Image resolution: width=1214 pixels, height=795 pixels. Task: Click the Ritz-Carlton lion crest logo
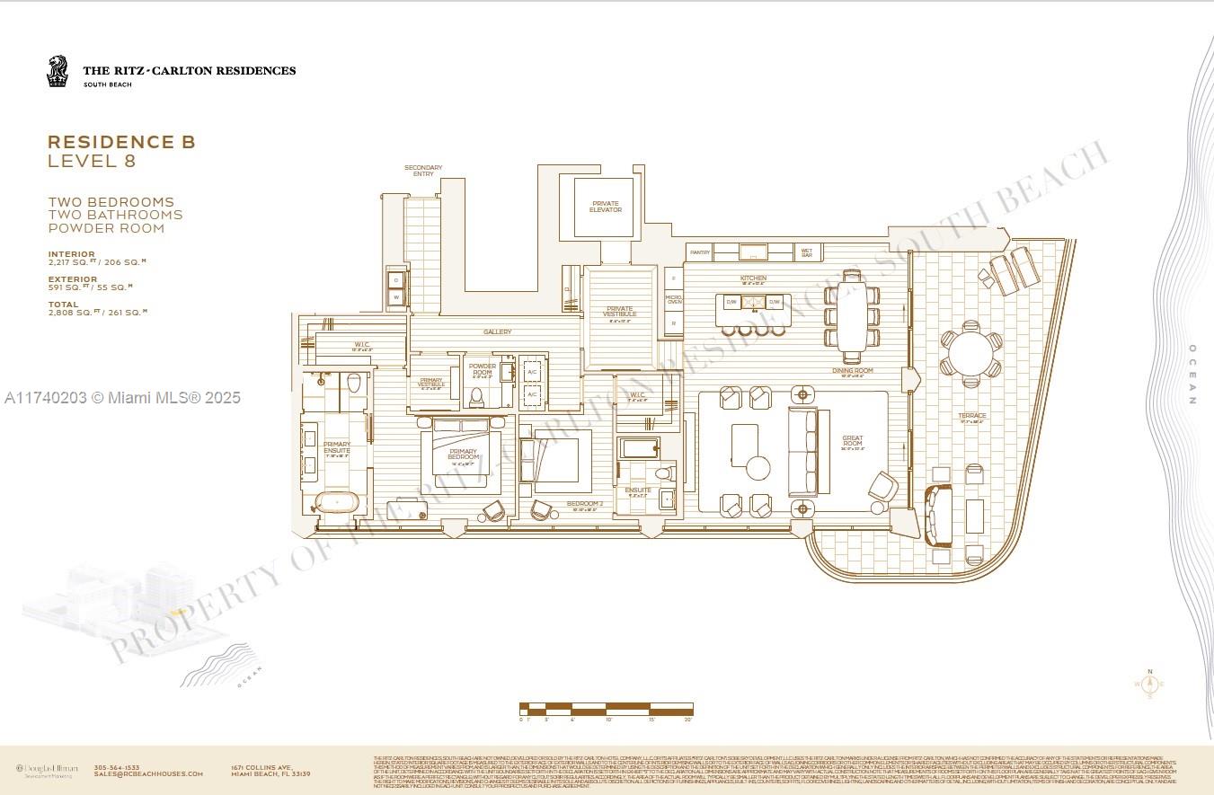coord(58,71)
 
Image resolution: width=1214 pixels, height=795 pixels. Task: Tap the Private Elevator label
coord(605,207)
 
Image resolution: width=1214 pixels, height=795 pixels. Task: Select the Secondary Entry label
coord(423,171)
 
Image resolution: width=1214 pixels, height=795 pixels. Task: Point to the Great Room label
coord(852,441)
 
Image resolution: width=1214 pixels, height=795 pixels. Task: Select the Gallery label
coord(497,332)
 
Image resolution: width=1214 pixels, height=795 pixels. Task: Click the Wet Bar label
coord(805,252)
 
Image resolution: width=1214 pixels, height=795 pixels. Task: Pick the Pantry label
coord(700,252)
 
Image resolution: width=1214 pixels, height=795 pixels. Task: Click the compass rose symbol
coord(1149,685)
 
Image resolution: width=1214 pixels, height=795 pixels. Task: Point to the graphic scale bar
coord(607,710)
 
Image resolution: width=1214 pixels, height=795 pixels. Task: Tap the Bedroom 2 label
coord(584,504)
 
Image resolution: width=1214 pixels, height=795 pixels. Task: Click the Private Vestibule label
coord(619,312)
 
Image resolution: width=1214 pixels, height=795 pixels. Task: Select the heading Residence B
coord(121,142)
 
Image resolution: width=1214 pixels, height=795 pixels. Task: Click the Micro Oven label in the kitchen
coord(673,299)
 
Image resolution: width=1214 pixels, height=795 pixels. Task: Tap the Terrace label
coord(971,416)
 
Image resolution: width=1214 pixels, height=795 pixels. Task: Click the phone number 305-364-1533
coord(121,767)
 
